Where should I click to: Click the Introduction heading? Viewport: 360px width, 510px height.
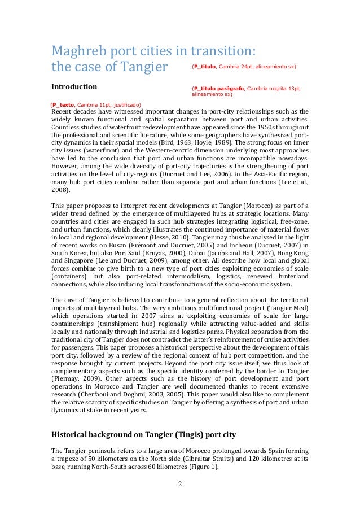pos(74,88)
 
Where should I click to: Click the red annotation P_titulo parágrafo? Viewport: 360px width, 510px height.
pos(222,89)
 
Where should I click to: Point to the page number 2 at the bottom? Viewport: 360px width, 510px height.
pos(180,484)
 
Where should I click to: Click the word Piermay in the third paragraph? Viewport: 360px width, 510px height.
pos(65,376)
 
